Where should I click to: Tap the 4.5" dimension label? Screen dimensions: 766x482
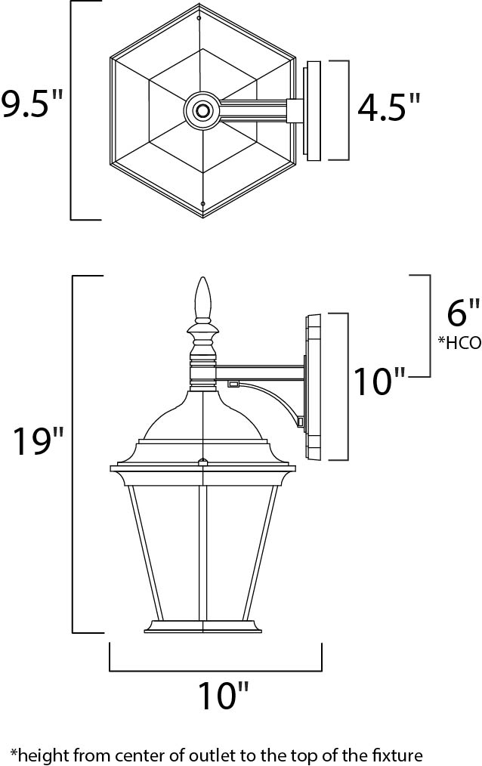coord(388,108)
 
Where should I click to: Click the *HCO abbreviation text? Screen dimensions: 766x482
coord(459,341)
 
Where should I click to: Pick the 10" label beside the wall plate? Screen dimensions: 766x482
coord(382,381)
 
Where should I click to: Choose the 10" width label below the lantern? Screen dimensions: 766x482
coord(223,694)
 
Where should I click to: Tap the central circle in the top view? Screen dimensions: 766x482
coord(202,111)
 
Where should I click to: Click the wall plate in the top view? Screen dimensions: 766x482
coord(312,111)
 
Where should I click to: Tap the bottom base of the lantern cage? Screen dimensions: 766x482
coord(202,626)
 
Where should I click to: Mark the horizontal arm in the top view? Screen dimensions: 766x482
coord(253,111)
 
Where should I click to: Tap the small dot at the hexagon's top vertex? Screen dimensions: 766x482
coord(199,17)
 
